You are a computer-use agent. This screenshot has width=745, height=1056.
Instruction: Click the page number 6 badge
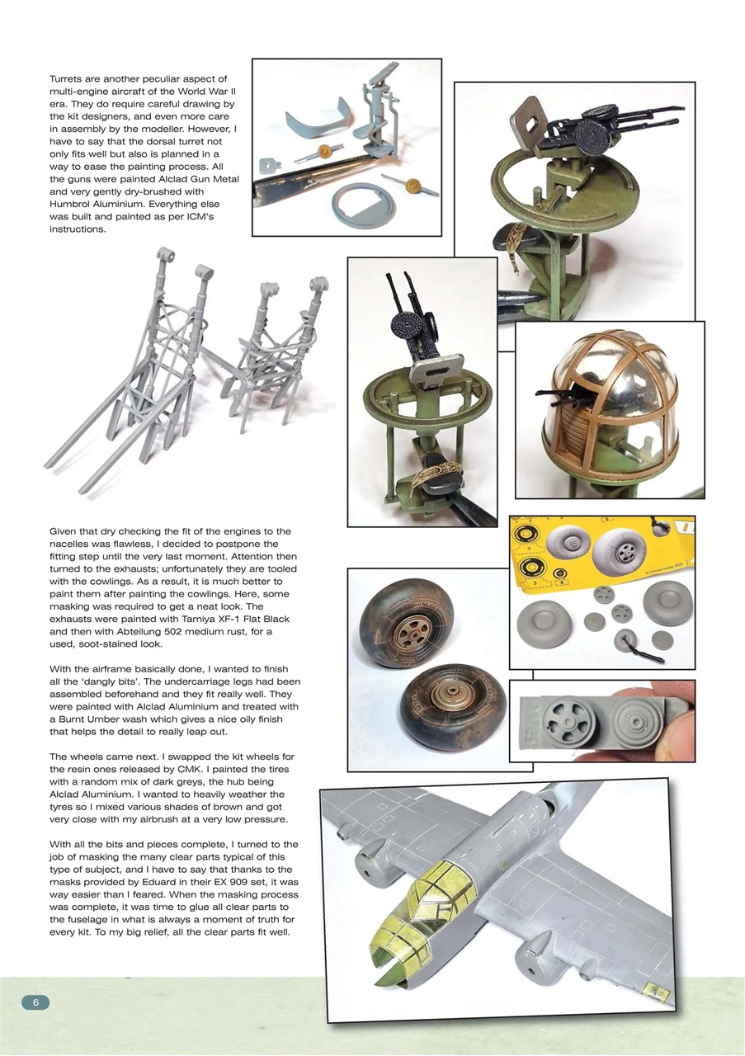(35, 1002)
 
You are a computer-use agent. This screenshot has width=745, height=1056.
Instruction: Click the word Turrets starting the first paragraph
(70, 78)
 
